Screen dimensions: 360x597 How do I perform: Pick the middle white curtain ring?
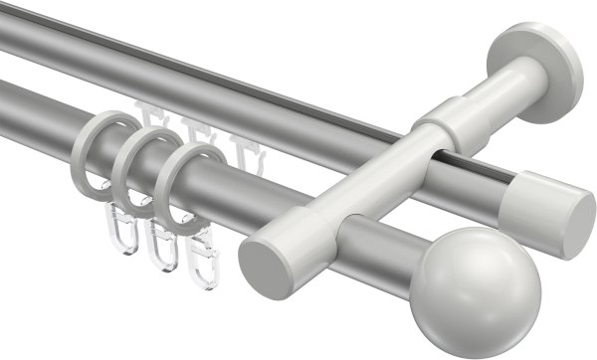[x=135, y=165]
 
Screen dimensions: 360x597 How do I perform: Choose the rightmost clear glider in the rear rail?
[x=243, y=145]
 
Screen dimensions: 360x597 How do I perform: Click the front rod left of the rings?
[x=40, y=110]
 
